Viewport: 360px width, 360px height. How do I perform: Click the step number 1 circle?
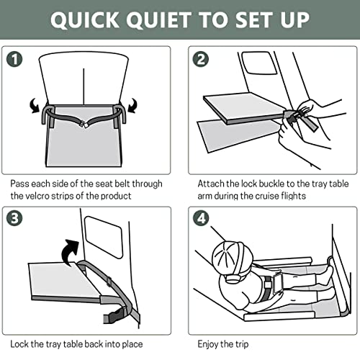(x=14, y=59)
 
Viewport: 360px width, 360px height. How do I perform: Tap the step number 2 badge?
(x=201, y=59)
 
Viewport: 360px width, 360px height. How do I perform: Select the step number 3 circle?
(x=14, y=218)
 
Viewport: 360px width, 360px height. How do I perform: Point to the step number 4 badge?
(x=201, y=218)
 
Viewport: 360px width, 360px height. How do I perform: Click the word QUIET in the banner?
(x=159, y=20)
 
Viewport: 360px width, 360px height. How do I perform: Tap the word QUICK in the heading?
(x=85, y=20)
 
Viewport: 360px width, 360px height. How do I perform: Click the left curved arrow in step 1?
(x=35, y=105)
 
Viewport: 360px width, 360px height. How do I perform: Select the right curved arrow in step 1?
(x=132, y=105)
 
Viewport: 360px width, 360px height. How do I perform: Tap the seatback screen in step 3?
(x=104, y=237)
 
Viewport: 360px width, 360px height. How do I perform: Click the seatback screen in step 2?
(x=259, y=63)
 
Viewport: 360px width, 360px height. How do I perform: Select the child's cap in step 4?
(x=233, y=258)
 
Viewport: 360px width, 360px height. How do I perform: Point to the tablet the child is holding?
(x=279, y=283)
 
